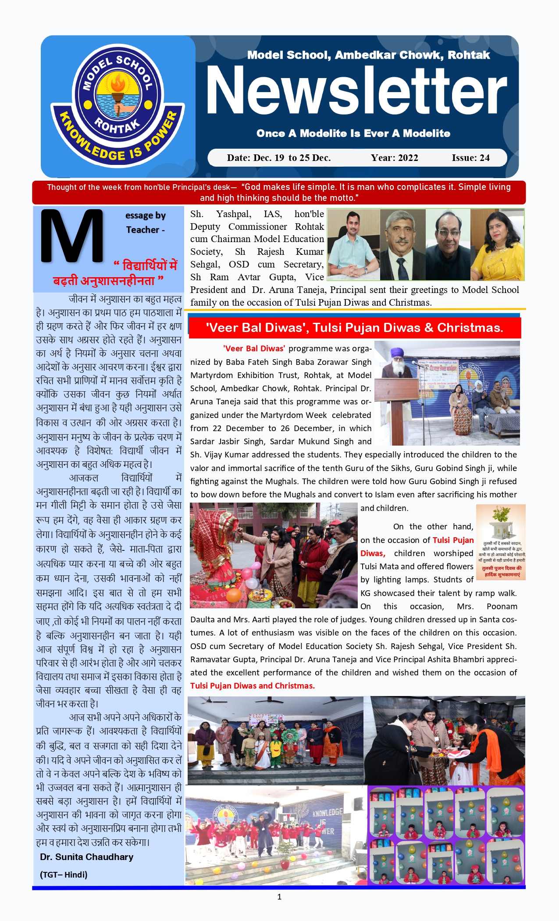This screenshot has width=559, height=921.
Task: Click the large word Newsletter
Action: point(356,91)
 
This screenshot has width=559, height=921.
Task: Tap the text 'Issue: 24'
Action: point(470,158)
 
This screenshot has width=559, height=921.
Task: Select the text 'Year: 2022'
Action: point(394,158)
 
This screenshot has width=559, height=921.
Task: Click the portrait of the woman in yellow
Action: point(497,244)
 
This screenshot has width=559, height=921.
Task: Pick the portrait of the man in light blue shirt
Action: point(353,244)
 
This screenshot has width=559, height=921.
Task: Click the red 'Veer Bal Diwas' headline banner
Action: point(354,328)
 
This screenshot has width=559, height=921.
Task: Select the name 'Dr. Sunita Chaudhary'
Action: point(86,857)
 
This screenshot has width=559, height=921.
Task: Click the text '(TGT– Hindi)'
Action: point(64,875)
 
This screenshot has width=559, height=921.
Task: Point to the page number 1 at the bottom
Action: point(279,897)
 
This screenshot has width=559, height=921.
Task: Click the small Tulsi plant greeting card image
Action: point(501,542)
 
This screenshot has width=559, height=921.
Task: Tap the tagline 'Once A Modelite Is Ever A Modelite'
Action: point(353,133)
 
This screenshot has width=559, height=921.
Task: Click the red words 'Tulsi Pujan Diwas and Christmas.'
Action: point(253,686)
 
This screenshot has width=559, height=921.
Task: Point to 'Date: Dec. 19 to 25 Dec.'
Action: point(279,158)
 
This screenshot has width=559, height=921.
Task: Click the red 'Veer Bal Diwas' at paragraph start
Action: point(254,349)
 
